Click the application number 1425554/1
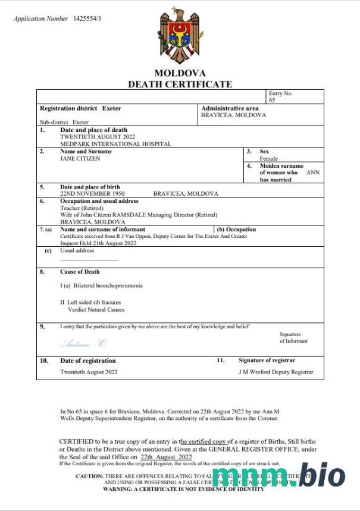click(87, 18)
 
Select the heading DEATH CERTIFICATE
click(180, 84)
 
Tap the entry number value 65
click(272, 101)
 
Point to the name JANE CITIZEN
click(80, 159)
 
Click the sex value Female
click(269, 159)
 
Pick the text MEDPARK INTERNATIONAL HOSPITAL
click(115, 144)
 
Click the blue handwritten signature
click(83, 344)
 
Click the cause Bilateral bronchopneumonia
click(104, 286)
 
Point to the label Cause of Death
click(80, 272)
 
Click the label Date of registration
click(88, 360)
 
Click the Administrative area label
click(230, 108)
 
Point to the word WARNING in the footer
click(119, 489)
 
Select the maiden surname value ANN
click(313, 173)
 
